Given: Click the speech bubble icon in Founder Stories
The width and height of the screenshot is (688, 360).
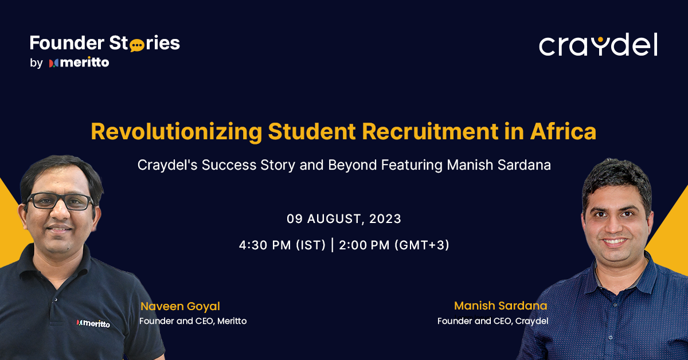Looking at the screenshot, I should point(137,45).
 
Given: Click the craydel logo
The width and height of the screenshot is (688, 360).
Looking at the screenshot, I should point(598,45).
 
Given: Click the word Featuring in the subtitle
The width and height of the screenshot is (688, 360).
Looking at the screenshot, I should point(406,165).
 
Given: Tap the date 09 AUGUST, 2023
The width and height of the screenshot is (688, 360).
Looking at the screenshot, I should point(344,219).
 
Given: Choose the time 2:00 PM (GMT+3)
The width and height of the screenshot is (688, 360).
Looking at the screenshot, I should point(394,245).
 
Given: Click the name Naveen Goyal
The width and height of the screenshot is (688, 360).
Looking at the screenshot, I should point(180,307).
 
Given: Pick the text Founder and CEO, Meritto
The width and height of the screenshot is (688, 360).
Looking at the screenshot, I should point(193,321).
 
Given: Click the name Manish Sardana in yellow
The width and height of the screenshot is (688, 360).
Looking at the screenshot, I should point(501,306).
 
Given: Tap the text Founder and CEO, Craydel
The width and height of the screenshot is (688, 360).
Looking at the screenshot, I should point(492,321).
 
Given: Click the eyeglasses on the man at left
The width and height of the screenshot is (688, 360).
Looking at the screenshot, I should point(60,201).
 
